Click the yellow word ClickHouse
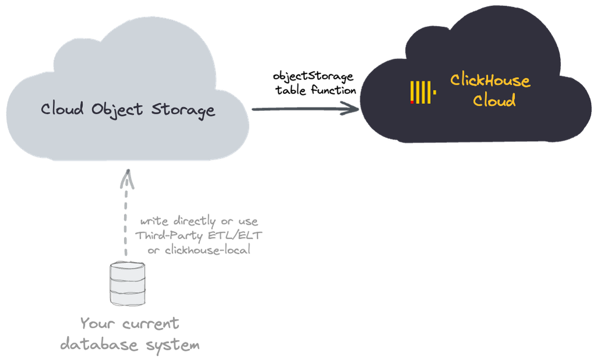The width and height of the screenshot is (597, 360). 490,81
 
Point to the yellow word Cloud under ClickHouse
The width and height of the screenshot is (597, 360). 494,100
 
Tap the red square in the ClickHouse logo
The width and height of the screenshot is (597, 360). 412,102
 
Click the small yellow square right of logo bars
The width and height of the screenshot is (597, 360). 435,92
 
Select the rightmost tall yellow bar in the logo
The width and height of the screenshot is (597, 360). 430,92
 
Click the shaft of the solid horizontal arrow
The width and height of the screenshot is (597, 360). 297,109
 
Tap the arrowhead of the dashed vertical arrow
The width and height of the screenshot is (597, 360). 127,179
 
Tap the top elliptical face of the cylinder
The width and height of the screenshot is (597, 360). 128,267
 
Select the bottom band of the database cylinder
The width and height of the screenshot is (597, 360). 128,297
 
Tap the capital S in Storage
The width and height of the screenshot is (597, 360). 157,109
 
